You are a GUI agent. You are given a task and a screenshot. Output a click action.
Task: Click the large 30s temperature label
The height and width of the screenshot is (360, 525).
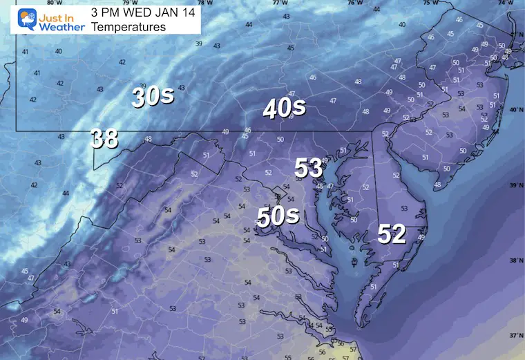click(153, 97)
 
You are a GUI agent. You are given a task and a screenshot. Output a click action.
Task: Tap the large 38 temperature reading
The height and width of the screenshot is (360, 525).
click(104, 140)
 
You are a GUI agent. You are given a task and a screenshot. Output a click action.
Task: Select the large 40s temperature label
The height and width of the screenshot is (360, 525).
click(284, 108)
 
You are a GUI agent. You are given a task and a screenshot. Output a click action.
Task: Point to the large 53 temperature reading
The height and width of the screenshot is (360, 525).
click(309, 167)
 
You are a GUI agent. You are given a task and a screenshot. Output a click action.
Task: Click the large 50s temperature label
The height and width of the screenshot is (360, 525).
click(278, 216)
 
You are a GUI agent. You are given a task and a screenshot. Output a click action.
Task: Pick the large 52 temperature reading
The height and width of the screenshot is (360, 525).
click(391, 235)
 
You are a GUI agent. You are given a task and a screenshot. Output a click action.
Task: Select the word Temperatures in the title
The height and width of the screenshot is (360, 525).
click(128, 27)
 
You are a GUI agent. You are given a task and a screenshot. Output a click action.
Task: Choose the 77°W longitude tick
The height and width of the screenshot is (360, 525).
click(280, 3)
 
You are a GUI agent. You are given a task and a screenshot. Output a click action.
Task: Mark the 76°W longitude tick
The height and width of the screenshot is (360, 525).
click(354, 3)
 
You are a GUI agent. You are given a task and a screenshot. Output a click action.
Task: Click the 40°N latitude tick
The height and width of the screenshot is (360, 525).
click(516, 111)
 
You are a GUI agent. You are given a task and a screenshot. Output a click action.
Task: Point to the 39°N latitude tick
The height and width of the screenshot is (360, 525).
click(516, 186)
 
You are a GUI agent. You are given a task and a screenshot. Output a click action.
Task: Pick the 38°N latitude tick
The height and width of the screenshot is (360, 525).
click(516, 261)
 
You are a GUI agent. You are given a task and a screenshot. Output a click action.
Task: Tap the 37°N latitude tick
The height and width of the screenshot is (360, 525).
click(516, 336)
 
